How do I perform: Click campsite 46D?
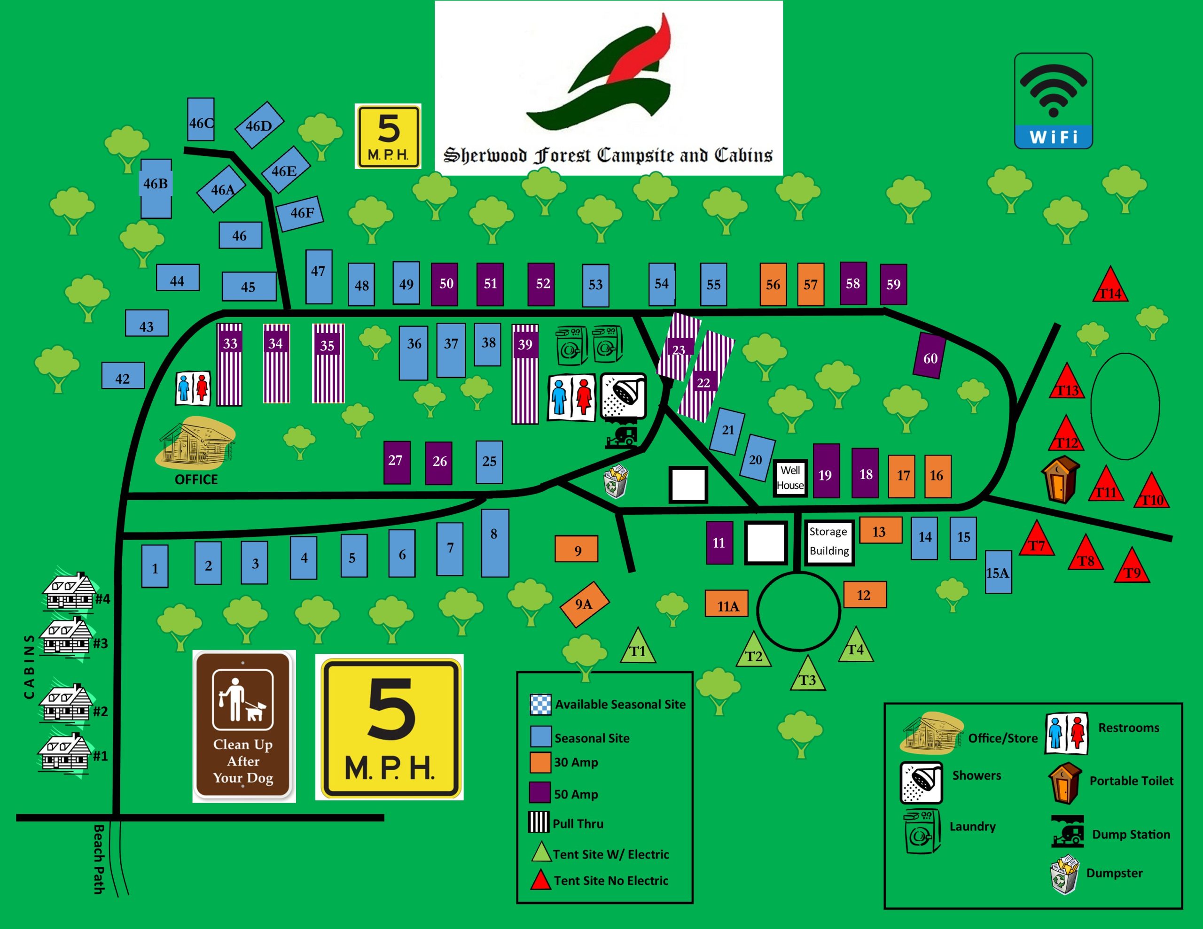[x=259, y=125]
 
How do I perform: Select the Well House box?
[x=790, y=478]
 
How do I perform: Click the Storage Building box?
[x=829, y=542]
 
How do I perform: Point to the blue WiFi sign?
[x=1053, y=101]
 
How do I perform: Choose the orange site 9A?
[x=585, y=604]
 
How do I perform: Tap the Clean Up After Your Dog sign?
[x=243, y=726]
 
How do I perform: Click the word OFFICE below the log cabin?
[x=196, y=480]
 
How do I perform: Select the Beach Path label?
[x=99, y=859]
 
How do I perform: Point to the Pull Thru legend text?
[x=578, y=824]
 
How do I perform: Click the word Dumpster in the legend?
[x=1114, y=874]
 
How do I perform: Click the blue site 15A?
[x=998, y=572]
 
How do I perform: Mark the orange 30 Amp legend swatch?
[x=540, y=763]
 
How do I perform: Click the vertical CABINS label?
[x=29, y=667]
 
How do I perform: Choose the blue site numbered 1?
[x=155, y=566]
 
